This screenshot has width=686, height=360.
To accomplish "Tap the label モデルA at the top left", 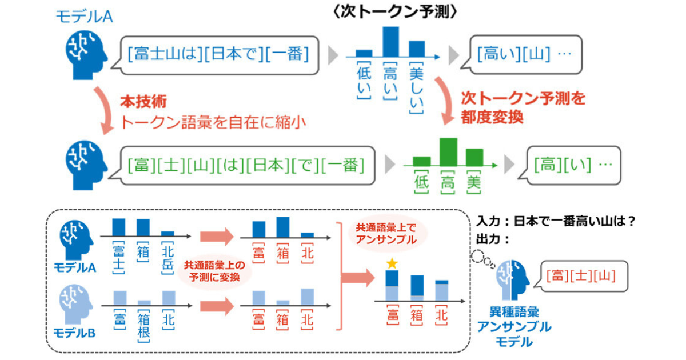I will tap(83, 17).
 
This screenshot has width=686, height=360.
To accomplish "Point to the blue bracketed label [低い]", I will tap(364, 80).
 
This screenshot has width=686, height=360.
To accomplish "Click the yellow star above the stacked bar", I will tap(392, 264).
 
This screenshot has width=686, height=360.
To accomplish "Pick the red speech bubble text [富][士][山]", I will tap(581, 277).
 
